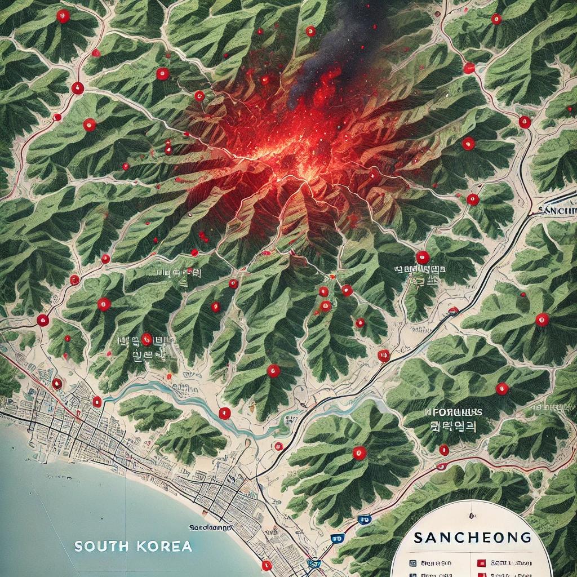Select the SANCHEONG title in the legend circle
tap(472, 537)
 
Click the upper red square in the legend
tap(481, 562)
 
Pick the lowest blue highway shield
tap(314, 562)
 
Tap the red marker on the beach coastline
tap(267, 565)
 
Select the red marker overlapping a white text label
tap(147, 339)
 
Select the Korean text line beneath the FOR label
tap(454, 427)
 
